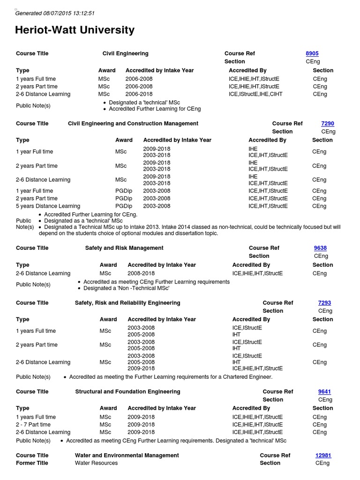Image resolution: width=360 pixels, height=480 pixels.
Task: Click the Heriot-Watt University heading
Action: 75,30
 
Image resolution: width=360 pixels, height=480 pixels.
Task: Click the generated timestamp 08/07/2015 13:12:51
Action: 55,13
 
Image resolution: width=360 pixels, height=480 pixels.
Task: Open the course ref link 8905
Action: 312,53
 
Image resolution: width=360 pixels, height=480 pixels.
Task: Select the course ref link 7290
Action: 327,124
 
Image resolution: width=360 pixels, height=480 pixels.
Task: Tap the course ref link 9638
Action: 320,248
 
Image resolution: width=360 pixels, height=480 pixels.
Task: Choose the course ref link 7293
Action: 324,303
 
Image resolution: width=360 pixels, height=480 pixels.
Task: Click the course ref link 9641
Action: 324,392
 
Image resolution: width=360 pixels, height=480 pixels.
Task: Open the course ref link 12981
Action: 323,456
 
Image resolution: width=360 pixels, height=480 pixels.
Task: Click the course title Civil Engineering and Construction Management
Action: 133,124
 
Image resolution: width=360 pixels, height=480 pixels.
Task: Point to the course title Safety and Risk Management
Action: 124,248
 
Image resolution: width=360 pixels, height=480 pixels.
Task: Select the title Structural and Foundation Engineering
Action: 127,392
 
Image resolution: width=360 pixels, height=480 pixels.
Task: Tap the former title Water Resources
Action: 96,463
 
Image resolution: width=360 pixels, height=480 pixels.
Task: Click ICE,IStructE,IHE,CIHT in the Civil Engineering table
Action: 255,94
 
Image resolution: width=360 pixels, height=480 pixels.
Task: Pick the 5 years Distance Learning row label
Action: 48,206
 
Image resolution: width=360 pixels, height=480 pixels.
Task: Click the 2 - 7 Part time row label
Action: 33,425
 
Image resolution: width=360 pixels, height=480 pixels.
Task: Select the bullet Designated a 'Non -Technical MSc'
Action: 126,288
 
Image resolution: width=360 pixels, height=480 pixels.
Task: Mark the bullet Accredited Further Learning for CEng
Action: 155,109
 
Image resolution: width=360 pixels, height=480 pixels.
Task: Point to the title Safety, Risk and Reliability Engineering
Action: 127,303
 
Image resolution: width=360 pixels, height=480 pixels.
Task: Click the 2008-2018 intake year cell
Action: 141,274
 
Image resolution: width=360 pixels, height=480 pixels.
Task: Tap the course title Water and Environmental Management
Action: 127,456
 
